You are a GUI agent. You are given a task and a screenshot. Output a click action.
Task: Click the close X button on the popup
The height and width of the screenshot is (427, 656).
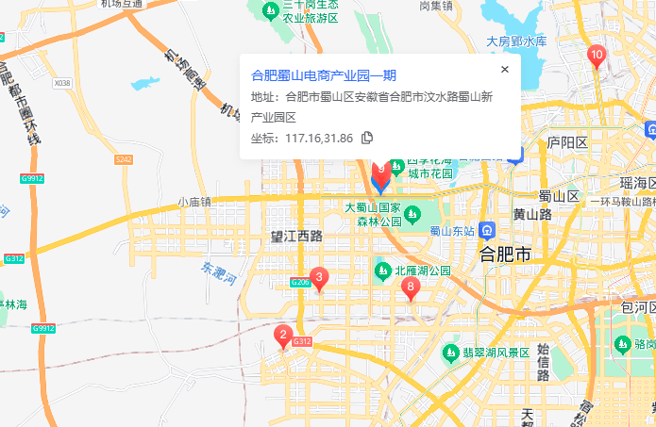(x=504, y=69)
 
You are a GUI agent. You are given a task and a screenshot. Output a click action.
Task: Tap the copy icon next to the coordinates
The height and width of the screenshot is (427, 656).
(x=367, y=138)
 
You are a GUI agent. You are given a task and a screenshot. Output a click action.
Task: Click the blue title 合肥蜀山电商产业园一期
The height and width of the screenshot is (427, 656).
(x=324, y=75)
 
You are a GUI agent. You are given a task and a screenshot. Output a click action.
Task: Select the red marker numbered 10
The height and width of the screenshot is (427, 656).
(x=596, y=56)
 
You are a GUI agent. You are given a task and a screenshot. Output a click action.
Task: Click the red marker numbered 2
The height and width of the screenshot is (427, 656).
(x=282, y=334)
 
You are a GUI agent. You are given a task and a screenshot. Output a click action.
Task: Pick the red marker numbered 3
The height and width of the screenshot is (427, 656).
(x=320, y=278)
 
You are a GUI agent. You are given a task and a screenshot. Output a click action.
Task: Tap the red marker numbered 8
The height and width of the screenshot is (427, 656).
(x=410, y=286)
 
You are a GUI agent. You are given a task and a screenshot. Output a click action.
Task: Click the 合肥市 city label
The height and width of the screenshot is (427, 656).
(x=506, y=255)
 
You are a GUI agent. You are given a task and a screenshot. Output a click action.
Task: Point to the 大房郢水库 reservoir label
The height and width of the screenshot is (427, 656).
(x=516, y=41)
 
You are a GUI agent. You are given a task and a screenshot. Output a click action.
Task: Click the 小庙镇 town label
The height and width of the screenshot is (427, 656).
(x=193, y=203)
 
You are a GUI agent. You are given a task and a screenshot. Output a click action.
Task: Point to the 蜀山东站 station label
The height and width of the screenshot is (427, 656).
(x=452, y=231)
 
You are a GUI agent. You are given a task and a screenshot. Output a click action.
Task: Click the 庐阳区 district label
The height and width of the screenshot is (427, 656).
(x=567, y=142)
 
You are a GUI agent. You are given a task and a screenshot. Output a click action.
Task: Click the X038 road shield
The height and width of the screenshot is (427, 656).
(x=62, y=83)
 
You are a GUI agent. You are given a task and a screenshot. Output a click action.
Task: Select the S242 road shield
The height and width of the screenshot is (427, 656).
(x=124, y=159)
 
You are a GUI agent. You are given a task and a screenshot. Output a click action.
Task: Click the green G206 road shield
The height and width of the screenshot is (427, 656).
(x=300, y=283)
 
